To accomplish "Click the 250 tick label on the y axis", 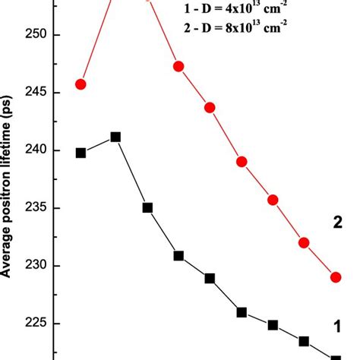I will pyautogui.click(x=34, y=35).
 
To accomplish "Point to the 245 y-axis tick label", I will pyautogui.click(x=34, y=93).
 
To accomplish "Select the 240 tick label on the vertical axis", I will pyautogui.click(x=34, y=150).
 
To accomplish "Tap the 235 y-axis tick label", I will pyautogui.click(x=34, y=208).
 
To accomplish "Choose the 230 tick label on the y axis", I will pyautogui.click(x=34, y=266).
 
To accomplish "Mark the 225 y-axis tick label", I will pyautogui.click(x=34, y=324).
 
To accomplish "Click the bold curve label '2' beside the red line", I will pyautogui.click(x=338, y=223).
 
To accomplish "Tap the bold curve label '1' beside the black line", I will pyautogui.click(x=336, y=327).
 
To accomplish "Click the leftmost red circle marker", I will pyautogui.click(x=81, y=84).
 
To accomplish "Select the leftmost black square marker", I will pyautogui.click(x=81, y=153).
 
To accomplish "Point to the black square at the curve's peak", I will pyautogui.click(x=115, y=137).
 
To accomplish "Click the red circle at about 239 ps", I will pyautogui.click(x=242, y=162).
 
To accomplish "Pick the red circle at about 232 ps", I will pyautogui.click(x=304, y=243).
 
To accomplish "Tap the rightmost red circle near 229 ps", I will pyautogui.click(x=336, y=277).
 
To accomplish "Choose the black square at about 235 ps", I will pyautogui.click(x=147, y=207).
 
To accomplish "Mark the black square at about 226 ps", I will pyautogui.click(x=242, y=312).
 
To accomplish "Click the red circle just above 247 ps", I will pyautogui.click(x=178, y=67).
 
